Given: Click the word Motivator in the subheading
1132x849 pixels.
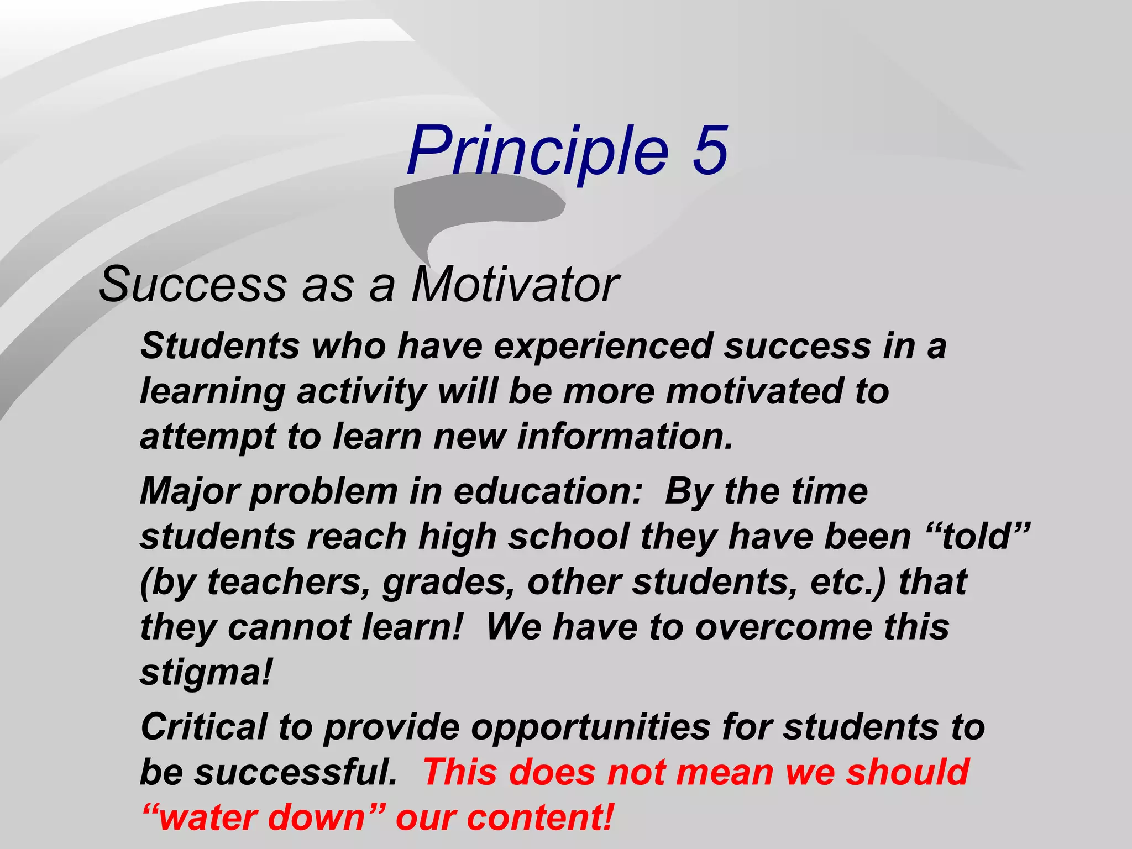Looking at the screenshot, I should tap(515, 285).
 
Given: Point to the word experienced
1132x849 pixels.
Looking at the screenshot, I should tap(603, 347).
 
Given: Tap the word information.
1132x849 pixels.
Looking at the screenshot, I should tap(625, 437).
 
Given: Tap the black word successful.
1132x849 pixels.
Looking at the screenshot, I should tap(295, 772).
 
